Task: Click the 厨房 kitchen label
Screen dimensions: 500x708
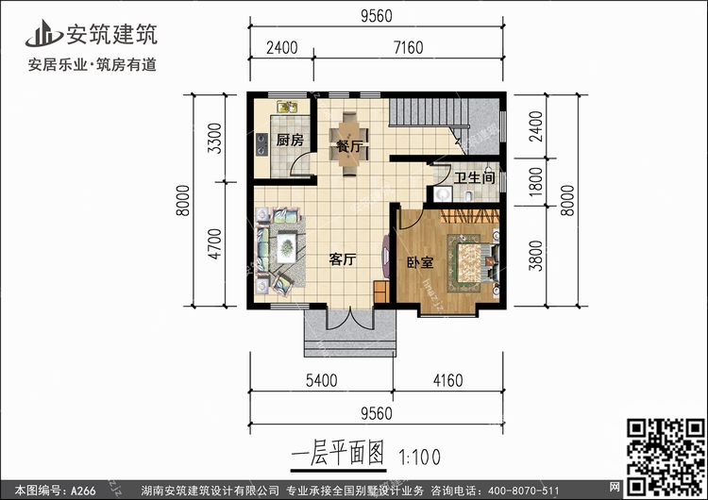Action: (290, 141)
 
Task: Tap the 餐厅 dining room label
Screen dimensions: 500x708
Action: (348, 147)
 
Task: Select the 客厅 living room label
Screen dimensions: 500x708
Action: (341, 260)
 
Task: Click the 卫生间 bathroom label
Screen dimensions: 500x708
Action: (474, 177)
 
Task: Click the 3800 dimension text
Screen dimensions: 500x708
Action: (535, 254)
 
